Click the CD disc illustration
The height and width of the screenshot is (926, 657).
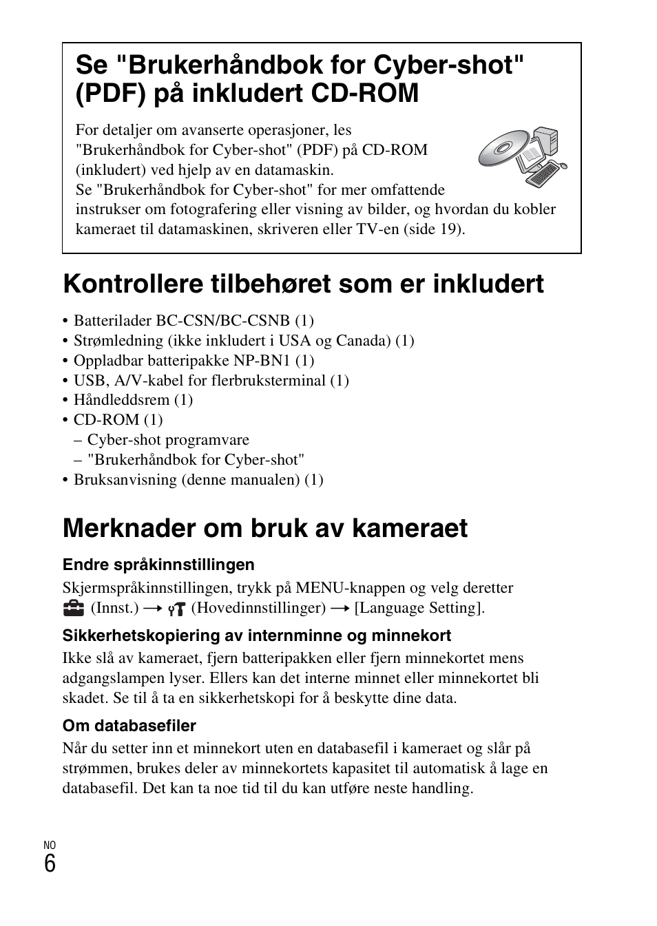pyautogui.click(x=497, y=149)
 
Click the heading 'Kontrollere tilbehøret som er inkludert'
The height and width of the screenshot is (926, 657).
pyautogui.click(x=303, y=284)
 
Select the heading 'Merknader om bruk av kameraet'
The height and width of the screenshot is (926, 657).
pyautogui.click(x=265, y=528)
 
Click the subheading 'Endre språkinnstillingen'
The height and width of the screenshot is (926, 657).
pyautogui.click(x=158, y=565)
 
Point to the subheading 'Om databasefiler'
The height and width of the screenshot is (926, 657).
pyautogui.click(x=129, y=726)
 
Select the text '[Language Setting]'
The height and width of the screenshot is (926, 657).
pyautogui.click(x=419, y=608)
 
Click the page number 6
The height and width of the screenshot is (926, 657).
pyautogui.click(x=50, y=863)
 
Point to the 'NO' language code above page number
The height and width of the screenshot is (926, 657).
pyautogui.click(x=50, y=845)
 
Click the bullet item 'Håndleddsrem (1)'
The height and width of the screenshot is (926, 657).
pyautogui.click(x=133, y=400)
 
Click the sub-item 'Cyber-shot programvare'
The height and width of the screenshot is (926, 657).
pyautogui.click(x=168, y=440)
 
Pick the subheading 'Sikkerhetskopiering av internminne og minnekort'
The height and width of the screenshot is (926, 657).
pyautogui.click(x=257, y=635)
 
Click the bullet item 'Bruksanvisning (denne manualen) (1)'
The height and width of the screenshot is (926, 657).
pyautogui.click(x=198, y=480)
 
